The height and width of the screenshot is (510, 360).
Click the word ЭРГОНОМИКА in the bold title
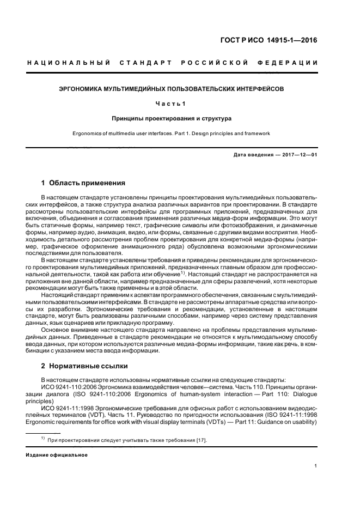click(81, 87)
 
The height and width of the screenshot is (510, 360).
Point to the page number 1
click(316, 466)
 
